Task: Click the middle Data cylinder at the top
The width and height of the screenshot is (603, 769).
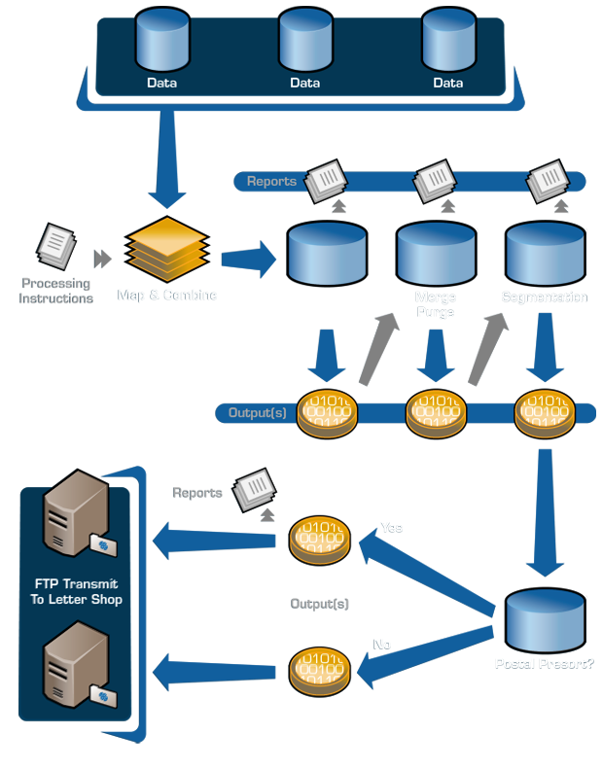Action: [304, 40]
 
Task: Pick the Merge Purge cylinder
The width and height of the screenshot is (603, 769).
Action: [436, 255]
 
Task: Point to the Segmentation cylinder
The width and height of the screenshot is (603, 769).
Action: [544, 255]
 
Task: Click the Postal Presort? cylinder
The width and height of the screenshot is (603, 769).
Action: [545, 622]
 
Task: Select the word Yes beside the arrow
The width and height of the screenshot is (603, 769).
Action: [392, 528]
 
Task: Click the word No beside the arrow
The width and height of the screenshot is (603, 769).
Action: [383, 644]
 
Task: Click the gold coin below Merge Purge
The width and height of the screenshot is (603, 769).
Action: [436, 412]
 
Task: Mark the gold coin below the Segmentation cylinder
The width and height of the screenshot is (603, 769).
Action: [545, 412]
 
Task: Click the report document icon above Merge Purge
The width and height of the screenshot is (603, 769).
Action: [433, 182]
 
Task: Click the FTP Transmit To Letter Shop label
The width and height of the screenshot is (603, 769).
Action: [77, 592]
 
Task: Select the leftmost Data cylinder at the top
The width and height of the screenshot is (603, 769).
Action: [161, 40]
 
